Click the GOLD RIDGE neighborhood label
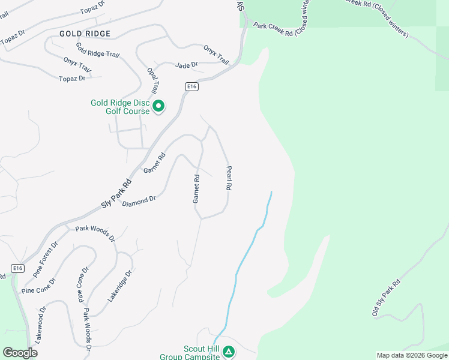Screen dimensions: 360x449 pyautogui.click(x=85, y=34)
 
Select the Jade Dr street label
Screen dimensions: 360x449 pyautogui.click(x=186, y=65)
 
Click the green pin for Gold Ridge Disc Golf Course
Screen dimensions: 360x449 pyautogui.click(x=158, y=106)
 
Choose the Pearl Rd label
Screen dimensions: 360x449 pyautogui.click(x=228, y=178)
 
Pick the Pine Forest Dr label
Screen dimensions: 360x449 pyautogui.click(x=46, y=258)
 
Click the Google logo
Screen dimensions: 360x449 pyautogui.click(x=20, y=353)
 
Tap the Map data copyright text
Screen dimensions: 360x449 pyautogui.click(x=412, y=355)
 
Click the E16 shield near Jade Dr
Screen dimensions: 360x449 pyautogui.click(x=191, y=87)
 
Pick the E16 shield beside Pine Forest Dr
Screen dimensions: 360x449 pyautogui.click(x=18, y=268)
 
